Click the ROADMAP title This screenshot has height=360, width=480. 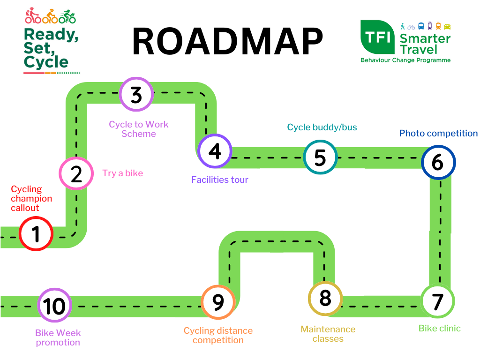coord(228,41)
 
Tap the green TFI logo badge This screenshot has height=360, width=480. coord(377,37)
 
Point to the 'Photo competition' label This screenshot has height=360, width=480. coord(438,134)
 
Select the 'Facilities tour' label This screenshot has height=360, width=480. coord(220,180)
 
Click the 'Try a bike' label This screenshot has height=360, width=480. coord(123,173)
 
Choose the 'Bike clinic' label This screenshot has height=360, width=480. coord(440,329)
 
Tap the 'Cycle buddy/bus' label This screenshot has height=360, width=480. coord(322,127)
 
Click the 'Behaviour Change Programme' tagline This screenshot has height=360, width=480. coord(405,60)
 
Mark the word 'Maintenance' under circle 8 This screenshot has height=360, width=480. coord(328,329)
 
